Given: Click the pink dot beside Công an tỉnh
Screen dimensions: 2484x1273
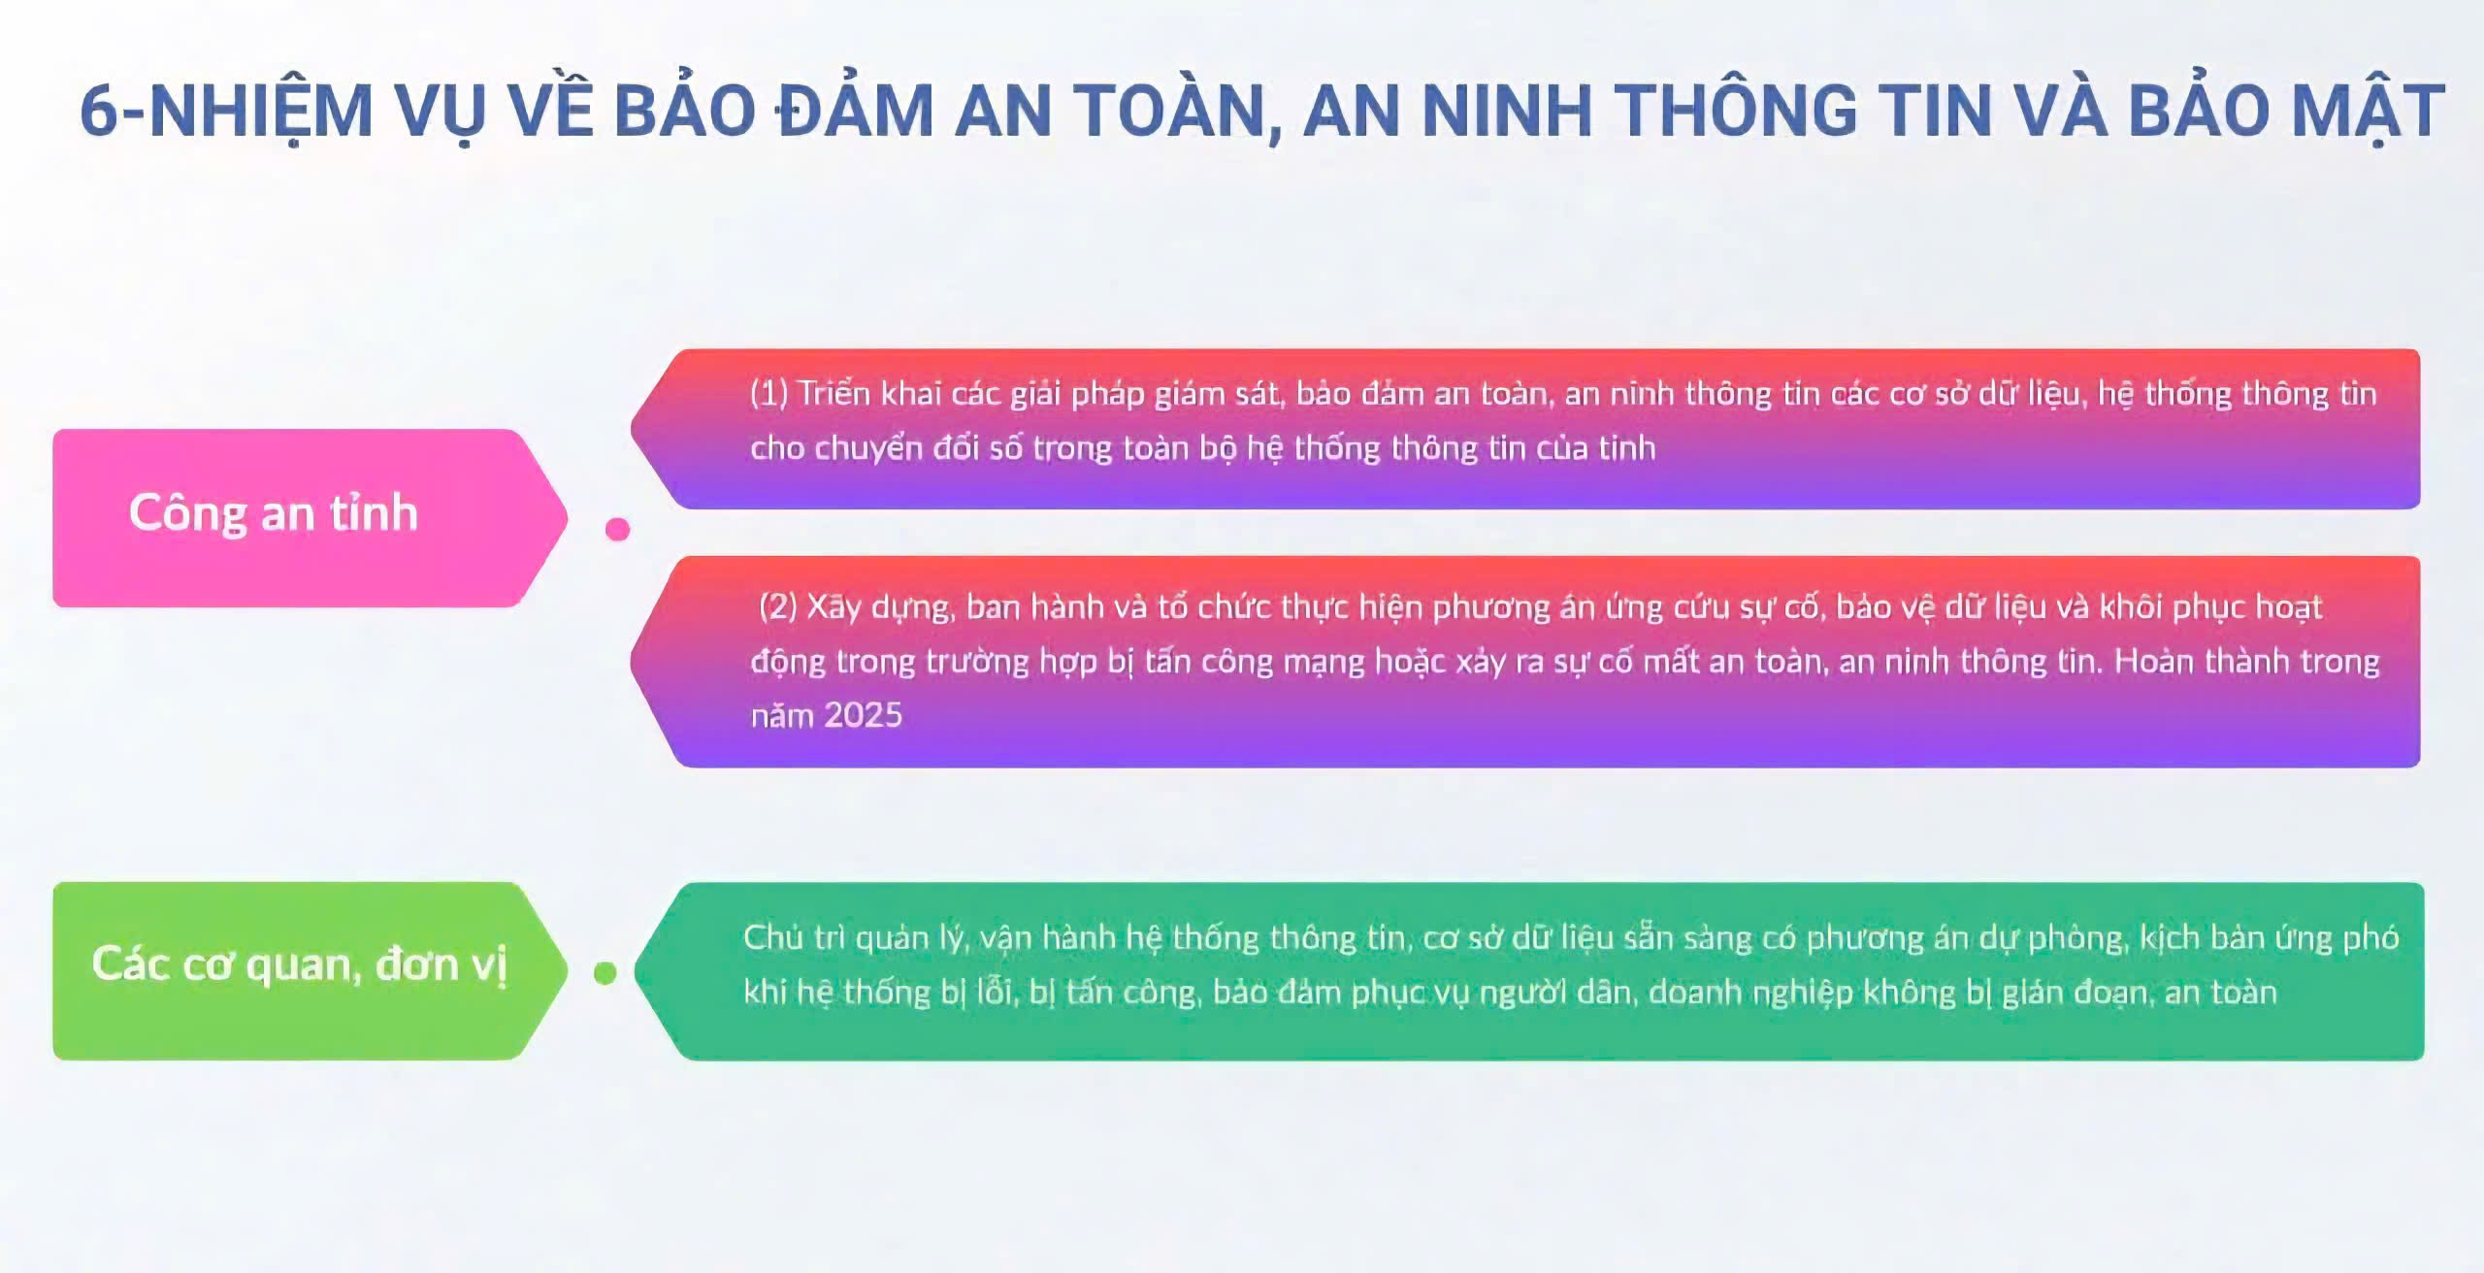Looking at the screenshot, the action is click(617, 529).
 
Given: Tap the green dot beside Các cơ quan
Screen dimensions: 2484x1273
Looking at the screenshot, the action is click(605, 972).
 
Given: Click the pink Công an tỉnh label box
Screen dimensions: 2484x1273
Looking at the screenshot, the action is click(310, 518).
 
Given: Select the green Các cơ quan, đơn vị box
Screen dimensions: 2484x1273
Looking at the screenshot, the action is click(310, 970).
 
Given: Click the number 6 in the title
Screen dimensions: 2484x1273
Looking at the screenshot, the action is click(99, 110).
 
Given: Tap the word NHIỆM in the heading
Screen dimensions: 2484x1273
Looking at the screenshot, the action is click(261, 110).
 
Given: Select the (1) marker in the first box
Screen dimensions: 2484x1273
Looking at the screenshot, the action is click(768, 393).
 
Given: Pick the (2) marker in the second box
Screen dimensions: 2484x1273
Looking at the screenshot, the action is click(778, 606).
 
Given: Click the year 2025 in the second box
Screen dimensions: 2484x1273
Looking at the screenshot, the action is click(864, 715).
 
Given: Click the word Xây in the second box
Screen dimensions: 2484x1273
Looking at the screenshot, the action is click(834, 607).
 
